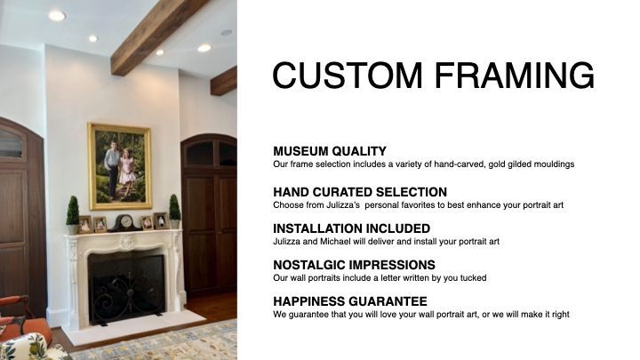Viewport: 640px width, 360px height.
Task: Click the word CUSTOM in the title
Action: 348,75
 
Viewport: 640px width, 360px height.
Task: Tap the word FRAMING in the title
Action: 515,75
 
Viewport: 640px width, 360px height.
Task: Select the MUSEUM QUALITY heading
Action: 330,151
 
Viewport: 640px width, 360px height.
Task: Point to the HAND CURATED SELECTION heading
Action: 360,192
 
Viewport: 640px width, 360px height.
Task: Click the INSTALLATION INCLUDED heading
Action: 351,228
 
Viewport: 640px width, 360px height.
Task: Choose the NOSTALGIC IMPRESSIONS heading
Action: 354,265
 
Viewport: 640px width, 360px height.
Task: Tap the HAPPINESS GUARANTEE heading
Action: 350,301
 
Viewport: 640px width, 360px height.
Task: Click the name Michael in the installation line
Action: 335,241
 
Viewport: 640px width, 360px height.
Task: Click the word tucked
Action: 474,278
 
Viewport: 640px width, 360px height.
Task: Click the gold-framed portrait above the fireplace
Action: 120,165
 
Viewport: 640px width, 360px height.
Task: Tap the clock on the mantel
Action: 125,223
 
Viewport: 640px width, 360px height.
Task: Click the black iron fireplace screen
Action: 127,290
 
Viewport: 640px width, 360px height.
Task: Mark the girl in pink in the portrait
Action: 126,172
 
